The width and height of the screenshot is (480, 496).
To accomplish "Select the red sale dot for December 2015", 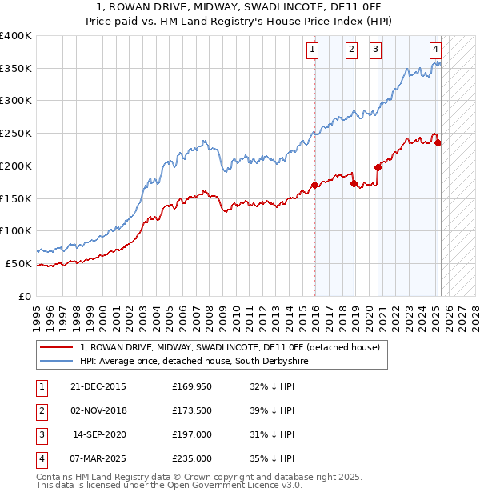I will pos(314,186).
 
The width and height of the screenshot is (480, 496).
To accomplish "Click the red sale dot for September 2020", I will pos(378,167).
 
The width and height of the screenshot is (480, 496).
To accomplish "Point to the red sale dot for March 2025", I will pos(438,143).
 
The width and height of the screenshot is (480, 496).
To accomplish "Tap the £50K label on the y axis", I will pos(18,263).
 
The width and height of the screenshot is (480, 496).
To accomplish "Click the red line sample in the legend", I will pos(56,347).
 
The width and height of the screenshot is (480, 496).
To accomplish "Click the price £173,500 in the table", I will pos(192,410).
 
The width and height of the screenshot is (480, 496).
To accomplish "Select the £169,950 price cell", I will pos(192,386).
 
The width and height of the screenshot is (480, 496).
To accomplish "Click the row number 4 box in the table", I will pos(40,458).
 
